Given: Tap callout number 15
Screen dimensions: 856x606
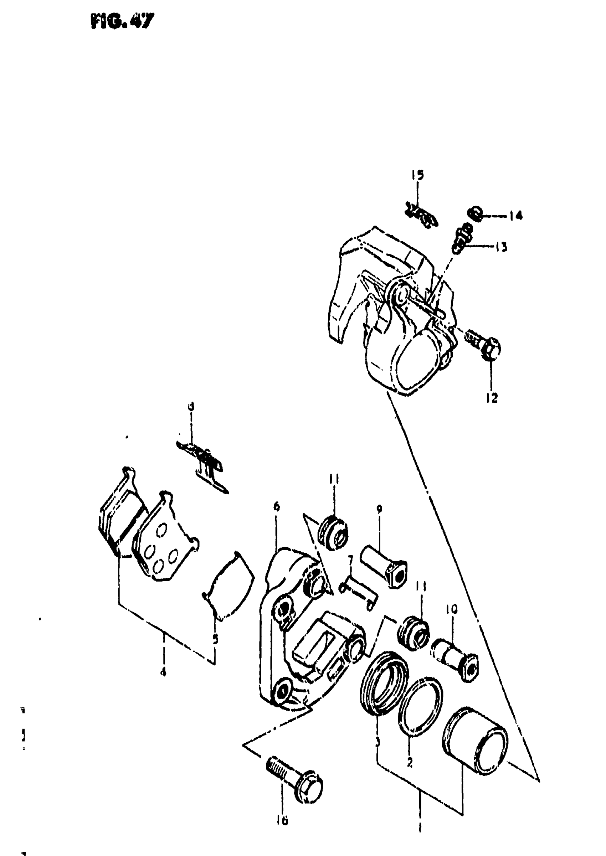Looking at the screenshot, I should coord(418,175).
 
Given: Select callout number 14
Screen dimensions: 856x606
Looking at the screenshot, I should coord(516,216).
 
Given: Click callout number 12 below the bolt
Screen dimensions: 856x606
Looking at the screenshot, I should coord(492,398).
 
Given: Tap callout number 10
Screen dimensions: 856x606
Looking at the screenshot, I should coord(451,609).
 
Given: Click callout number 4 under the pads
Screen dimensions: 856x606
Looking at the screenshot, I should coord(163,672).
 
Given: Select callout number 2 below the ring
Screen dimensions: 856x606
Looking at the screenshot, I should coord(409,763).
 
